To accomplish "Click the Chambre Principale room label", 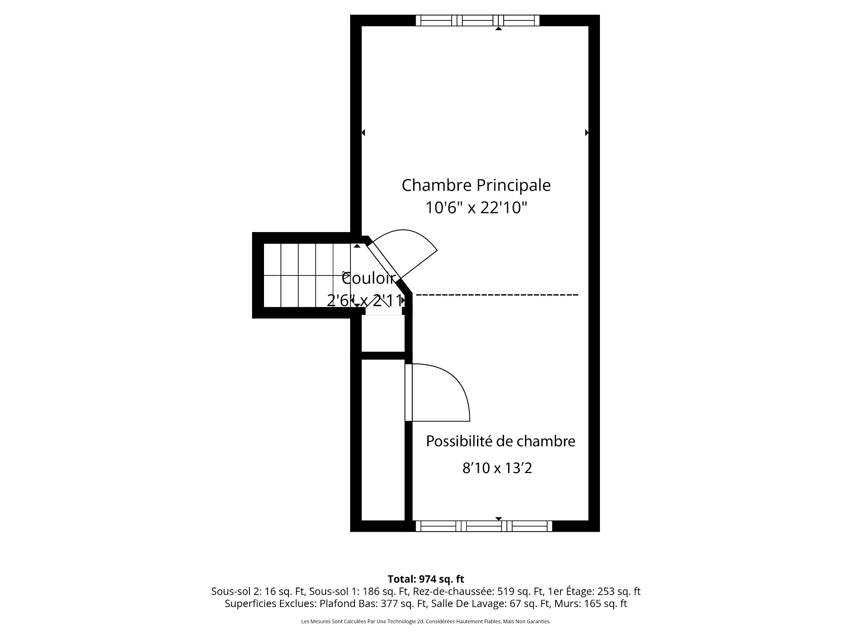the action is tap(476, 185).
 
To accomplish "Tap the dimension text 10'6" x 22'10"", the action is tap(476, 208).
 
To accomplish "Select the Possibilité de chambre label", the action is tap(501, 441).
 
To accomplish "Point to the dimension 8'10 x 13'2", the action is tap(497, 468).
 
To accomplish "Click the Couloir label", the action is tap(369, 279).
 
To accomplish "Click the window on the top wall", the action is tap(477, 20).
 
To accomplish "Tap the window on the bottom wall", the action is tap(484, 526).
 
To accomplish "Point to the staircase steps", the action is tap(307, 275).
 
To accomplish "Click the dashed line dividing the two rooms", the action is tap(497, 295).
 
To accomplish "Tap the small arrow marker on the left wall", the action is tap(363, 132).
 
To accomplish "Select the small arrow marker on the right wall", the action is tap(587, 132).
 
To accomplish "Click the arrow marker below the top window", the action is tap(498, 28).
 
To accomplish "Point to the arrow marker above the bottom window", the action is tap(498, 518).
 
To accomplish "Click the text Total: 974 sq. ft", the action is tap(426, 579).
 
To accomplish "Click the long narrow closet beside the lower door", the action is tap(383, 439).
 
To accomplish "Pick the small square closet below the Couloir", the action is tap(383, 333).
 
